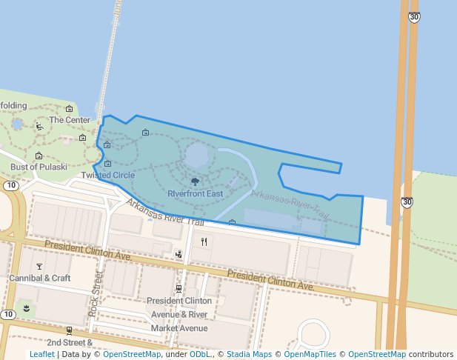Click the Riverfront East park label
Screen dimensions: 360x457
point(195,194)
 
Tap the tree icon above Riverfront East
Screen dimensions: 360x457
point(195,181)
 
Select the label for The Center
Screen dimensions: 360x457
point(69,120)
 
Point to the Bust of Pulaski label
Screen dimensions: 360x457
point(39,167)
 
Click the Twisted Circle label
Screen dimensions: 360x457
point(108,176)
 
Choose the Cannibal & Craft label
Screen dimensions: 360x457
point(39,278)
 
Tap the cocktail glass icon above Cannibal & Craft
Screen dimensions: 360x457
point(39,265)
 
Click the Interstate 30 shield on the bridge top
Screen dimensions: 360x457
point(415,17)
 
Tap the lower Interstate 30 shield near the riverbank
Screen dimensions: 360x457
point(407,201)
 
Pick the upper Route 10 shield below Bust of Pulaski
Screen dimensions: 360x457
point(10,185)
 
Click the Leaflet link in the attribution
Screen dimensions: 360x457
point(41,354)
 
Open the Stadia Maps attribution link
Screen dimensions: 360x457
point(249,354)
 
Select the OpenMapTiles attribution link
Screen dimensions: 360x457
point(310,354)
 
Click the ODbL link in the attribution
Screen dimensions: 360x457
point(199,354)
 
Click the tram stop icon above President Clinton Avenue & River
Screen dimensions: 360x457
point(179,288)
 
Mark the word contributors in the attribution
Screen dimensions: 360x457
point(431,354)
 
